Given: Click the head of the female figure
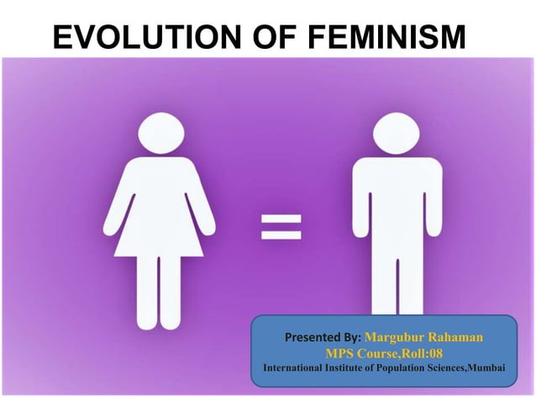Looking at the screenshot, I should point(159,132).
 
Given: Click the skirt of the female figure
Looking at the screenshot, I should point(159,227).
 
